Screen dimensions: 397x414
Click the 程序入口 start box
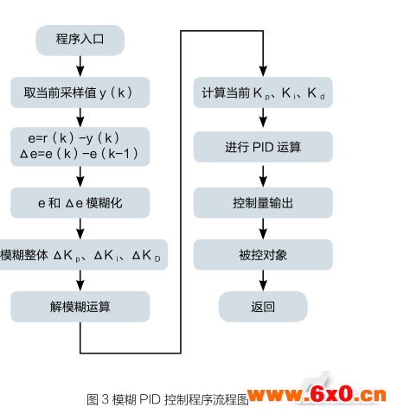click(80, 40)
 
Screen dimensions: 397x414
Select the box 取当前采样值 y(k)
click(80, 92)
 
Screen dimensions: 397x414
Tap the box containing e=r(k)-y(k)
click(80, 146)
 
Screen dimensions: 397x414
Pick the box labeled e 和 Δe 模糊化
click(80, 202)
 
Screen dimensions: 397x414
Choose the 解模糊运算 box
click(80, 307)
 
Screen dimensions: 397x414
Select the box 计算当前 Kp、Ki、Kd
click(263, 92)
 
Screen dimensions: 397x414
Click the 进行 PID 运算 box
click(263, 147)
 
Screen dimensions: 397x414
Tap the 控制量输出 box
click(263, 202)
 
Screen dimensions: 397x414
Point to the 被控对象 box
click(263, 255)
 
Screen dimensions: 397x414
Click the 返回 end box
click(263, 307)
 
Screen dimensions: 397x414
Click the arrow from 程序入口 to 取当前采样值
click(80, 67)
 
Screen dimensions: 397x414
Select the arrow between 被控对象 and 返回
click(263, 281)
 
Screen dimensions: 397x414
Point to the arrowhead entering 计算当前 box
click(263, 71)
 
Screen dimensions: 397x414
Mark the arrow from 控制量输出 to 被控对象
click(263, 229)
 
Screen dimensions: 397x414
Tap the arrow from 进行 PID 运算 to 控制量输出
click(263, 176)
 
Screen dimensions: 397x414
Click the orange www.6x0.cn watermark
click(317, 394)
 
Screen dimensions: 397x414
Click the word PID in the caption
click(150, 399)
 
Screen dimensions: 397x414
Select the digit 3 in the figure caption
click(106, 399)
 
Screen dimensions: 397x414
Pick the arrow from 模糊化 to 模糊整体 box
click(80, 229)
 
